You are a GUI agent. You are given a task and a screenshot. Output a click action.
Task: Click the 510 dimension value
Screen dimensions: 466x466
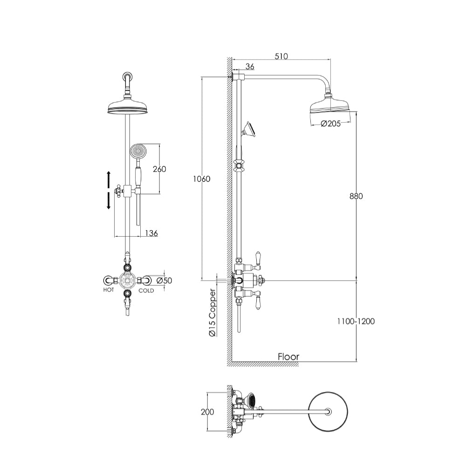pos(281,56)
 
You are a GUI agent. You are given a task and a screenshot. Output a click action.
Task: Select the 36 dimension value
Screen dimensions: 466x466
pos(250,67)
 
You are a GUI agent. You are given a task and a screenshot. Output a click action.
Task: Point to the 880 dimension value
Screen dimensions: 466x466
pos(356,196)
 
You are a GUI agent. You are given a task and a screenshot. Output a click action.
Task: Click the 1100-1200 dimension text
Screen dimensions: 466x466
pos(356,321)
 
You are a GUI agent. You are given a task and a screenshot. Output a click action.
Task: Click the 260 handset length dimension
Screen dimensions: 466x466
pos(159,169)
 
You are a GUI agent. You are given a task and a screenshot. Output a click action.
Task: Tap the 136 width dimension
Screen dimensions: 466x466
pos(151,233)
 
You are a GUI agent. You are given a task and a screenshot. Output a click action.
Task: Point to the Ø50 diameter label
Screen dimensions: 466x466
pos(164,281)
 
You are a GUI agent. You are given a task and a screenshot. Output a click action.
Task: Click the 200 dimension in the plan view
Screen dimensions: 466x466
pos(208,411)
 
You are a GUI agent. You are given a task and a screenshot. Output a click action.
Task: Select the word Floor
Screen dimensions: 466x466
pos(288,356)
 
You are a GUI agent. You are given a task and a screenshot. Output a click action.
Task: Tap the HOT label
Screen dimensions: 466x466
pos(109,290)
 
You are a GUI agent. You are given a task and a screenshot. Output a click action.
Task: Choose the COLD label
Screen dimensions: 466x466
pos(146,290)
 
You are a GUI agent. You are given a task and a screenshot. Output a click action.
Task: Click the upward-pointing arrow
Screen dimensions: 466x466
pos(109,178)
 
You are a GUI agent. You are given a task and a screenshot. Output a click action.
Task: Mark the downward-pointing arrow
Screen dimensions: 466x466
pos(109,201)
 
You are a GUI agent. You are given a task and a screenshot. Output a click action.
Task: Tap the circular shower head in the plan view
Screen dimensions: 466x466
pos(329,411)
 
